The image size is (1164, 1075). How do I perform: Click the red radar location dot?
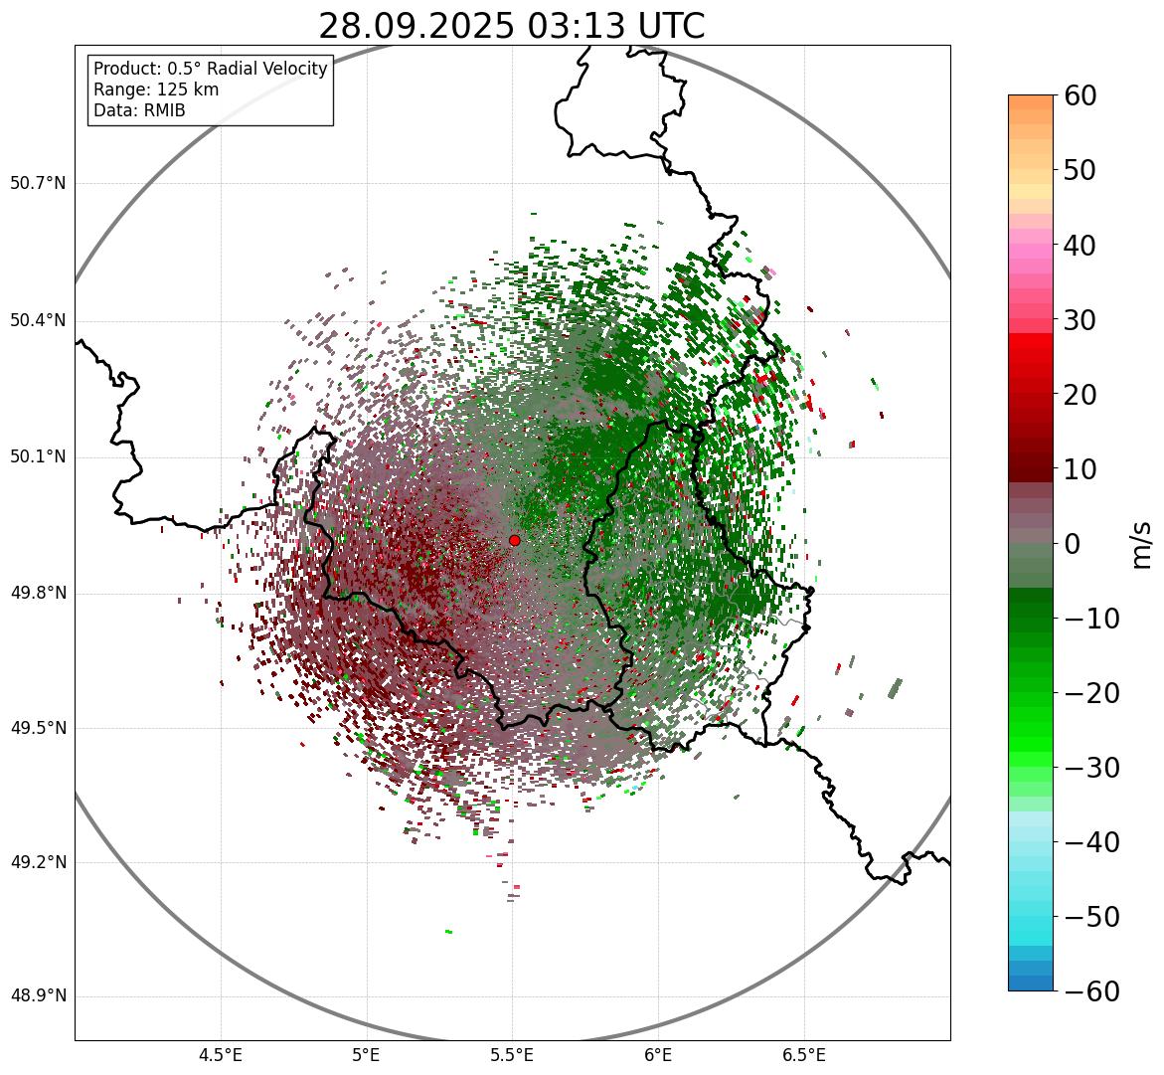pyautogui.click(x=515, y=540)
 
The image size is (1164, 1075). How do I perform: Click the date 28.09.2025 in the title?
pyautogui.click(x=416, y=27)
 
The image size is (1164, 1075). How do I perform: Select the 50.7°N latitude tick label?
pyautogui.click(x=38, y=184)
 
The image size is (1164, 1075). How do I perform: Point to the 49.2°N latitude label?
pyautogui.click(x=38, y=862)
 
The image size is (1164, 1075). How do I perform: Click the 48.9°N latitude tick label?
pyautogui.click(x=38, y=996)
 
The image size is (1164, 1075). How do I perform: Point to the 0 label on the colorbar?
pyautogui.click(x=1073, y=544)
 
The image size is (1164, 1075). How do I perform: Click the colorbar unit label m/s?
pyautogui.click(x=1141, y=543)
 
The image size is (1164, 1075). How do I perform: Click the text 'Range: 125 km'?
pyautogui.click(x=156, y=90)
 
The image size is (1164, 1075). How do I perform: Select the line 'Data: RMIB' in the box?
pyautogui.click(x=139, y=110)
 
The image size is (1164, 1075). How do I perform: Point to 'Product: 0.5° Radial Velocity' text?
pyautogui.click(x=210, y=69)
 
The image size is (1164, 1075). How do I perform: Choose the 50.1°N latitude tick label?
pyautogui.click(x=38, y=457)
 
